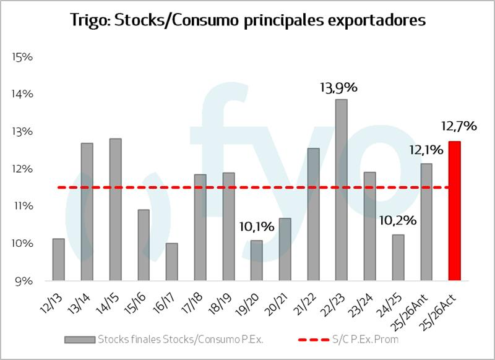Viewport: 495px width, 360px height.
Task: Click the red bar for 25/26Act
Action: pyautogui.click(x=454, y=210)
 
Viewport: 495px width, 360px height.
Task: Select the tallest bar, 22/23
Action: pyautogui.click(x=341, y=189)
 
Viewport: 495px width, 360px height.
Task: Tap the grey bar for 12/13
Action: pyautogui.click(x=59, y=259)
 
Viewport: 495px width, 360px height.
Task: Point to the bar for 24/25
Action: pyautogui.click(x=398, y=257)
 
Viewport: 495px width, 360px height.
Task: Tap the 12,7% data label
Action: pyautogui.click(x=458, y=126)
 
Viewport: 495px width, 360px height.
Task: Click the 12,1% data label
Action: pyautogui.click(x=425, y=150)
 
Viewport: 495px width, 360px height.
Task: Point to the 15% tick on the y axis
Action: pyautogui.click(x=22, y=57)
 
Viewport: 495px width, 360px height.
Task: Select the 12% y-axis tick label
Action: pyautogui.click(x=22, y=169)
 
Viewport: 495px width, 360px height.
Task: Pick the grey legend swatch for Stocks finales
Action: pyautogui.click(x=79, y=339)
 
